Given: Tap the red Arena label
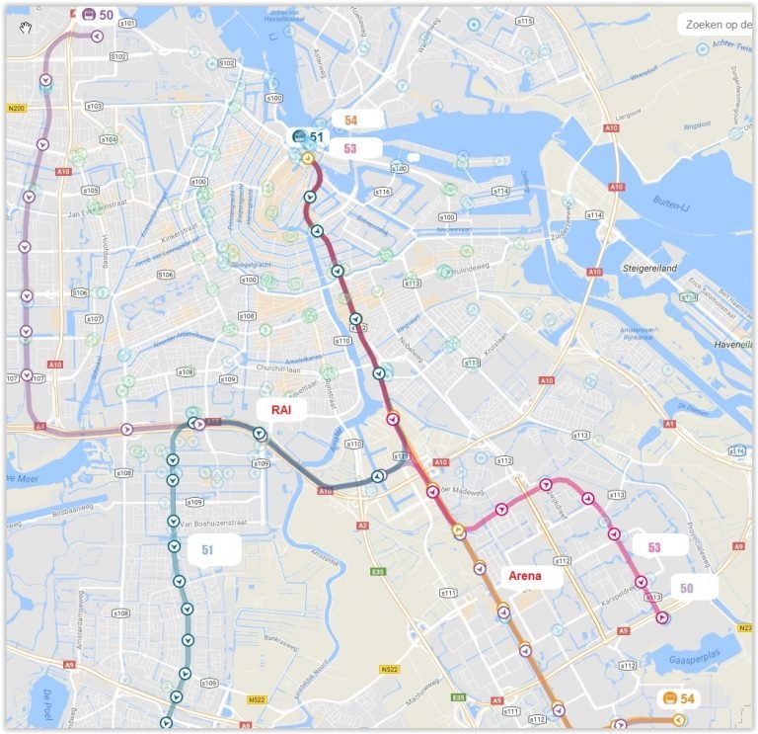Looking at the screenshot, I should tap(524, 576).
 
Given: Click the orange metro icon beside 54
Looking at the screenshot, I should tap(668, 698).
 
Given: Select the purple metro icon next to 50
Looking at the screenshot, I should tap(88, 15).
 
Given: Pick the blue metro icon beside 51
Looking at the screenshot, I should tap(298, 137).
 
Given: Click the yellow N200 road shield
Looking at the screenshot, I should tap(16, 108).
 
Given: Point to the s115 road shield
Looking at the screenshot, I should tap(524, 21).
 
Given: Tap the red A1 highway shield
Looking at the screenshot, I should tap(669, 423).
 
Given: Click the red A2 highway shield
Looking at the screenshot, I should tap(362, 526).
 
